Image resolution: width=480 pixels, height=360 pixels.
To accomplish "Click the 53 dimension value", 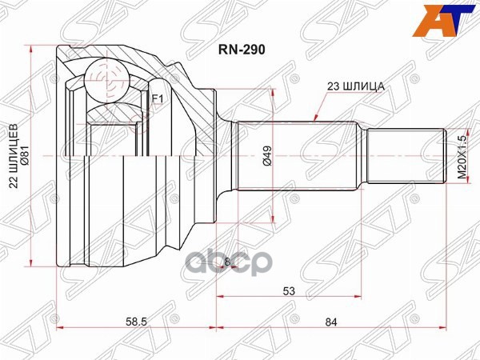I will [x=286, y=292].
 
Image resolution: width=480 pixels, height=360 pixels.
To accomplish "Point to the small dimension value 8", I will [x=226, y=262].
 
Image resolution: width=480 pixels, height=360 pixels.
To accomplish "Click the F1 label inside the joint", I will [x=157, y=99].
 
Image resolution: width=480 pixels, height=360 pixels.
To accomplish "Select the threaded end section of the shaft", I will [x=406, y=154].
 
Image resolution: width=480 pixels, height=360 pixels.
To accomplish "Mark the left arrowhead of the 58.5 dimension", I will [x=61, y=326].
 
